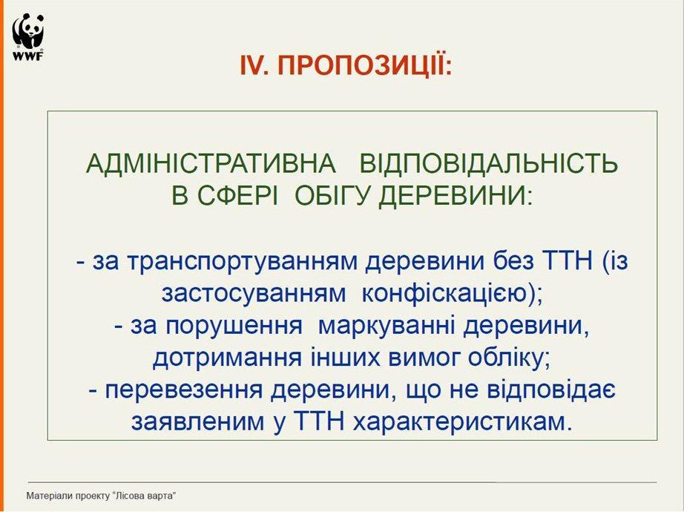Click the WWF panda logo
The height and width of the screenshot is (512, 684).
click(28, 36)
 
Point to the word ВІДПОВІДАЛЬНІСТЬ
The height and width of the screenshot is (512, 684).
click(488, 164)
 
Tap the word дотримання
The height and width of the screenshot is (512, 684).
click(227, 358)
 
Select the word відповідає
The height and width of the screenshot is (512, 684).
click(551, 389)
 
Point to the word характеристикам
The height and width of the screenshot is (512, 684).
click(456, 421)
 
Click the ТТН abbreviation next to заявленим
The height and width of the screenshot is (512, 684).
click(320, 421)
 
